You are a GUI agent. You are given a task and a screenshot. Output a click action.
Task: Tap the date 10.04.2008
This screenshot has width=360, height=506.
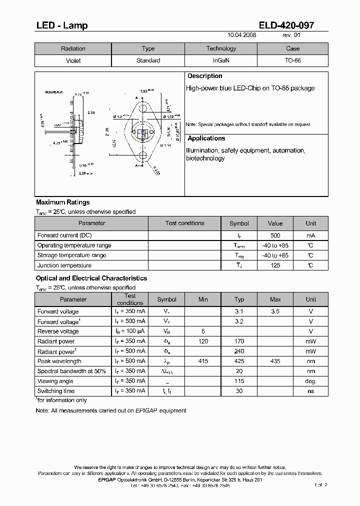click(241, 35)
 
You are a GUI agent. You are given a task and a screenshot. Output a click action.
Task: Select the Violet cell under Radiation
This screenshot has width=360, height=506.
click(73, 60)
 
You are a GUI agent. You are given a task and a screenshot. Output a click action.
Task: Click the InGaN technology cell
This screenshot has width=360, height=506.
click(221, 60)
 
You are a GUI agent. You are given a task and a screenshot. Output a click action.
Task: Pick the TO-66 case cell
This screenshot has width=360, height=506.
click(292, 60)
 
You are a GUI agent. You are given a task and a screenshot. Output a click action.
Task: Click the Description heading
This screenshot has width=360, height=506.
click(204, 76)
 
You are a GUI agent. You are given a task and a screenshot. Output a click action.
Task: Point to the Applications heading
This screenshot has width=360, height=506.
click(206, 138)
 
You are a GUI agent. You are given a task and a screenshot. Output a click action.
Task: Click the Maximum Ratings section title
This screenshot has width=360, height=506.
click(63, 202)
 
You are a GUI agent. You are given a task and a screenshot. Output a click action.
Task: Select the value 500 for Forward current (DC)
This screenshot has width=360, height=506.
click(275, 235)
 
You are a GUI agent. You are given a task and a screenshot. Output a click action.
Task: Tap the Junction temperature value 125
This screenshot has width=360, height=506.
click(275, 265)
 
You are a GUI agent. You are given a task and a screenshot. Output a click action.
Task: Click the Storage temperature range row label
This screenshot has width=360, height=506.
click(71, 255)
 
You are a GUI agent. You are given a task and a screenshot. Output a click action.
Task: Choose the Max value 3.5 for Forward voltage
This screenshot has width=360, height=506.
click(275, 311)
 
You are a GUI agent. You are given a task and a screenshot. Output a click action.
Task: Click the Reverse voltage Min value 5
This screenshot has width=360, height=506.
click(203, 331)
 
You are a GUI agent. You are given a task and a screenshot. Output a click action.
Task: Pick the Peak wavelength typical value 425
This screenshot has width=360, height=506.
click(239, 361)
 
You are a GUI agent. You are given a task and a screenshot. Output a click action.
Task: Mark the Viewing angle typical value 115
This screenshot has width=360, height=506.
click(239, 381)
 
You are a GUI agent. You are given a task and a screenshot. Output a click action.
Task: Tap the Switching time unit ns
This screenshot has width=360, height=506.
click(310, 391)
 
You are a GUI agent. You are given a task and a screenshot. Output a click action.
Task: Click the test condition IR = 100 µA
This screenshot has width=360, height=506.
click(130, 331)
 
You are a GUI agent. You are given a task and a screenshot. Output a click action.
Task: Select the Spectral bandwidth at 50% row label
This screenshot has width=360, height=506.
click(71, 371)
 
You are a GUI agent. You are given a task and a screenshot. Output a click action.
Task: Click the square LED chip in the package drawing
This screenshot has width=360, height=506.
click(143, 134)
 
